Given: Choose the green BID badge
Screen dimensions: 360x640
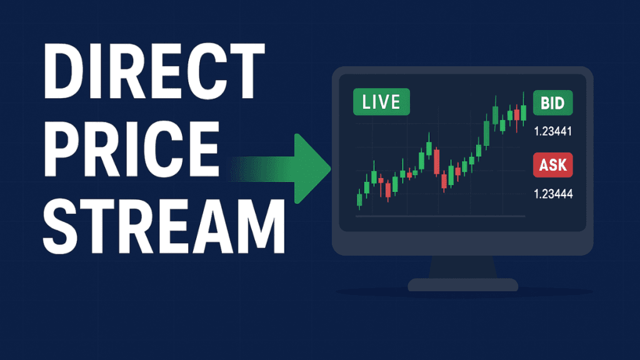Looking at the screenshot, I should [x=552, y=103].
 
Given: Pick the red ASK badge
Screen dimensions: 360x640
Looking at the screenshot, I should [x=552, y=165].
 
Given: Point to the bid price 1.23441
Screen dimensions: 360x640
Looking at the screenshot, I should [x=553, y=132].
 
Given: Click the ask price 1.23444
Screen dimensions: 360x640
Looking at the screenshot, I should [x=553, y=194].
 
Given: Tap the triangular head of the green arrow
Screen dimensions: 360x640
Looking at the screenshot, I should [x=312, y=168].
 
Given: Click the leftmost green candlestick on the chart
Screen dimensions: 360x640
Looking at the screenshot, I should [x=359, y=199].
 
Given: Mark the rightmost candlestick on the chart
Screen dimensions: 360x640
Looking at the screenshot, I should [x=524, y=112].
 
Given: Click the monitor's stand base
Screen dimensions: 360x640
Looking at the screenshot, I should [x=463, y=285].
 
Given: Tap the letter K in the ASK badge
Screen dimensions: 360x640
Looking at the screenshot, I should [x=564, y=165].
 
